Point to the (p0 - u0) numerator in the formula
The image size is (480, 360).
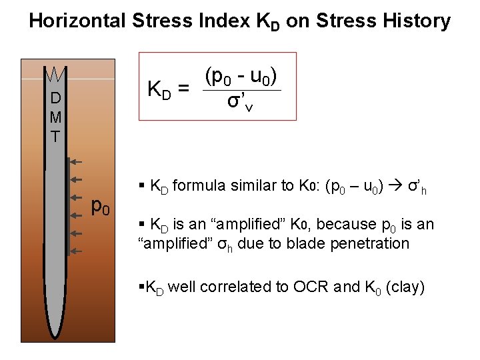tap(241, 75)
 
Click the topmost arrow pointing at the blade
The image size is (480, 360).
tap(75, 161)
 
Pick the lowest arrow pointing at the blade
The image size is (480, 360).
tap(75, 251)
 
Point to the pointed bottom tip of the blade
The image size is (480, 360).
tap(53, 335)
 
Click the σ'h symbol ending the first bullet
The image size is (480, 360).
tap(418, 187)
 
